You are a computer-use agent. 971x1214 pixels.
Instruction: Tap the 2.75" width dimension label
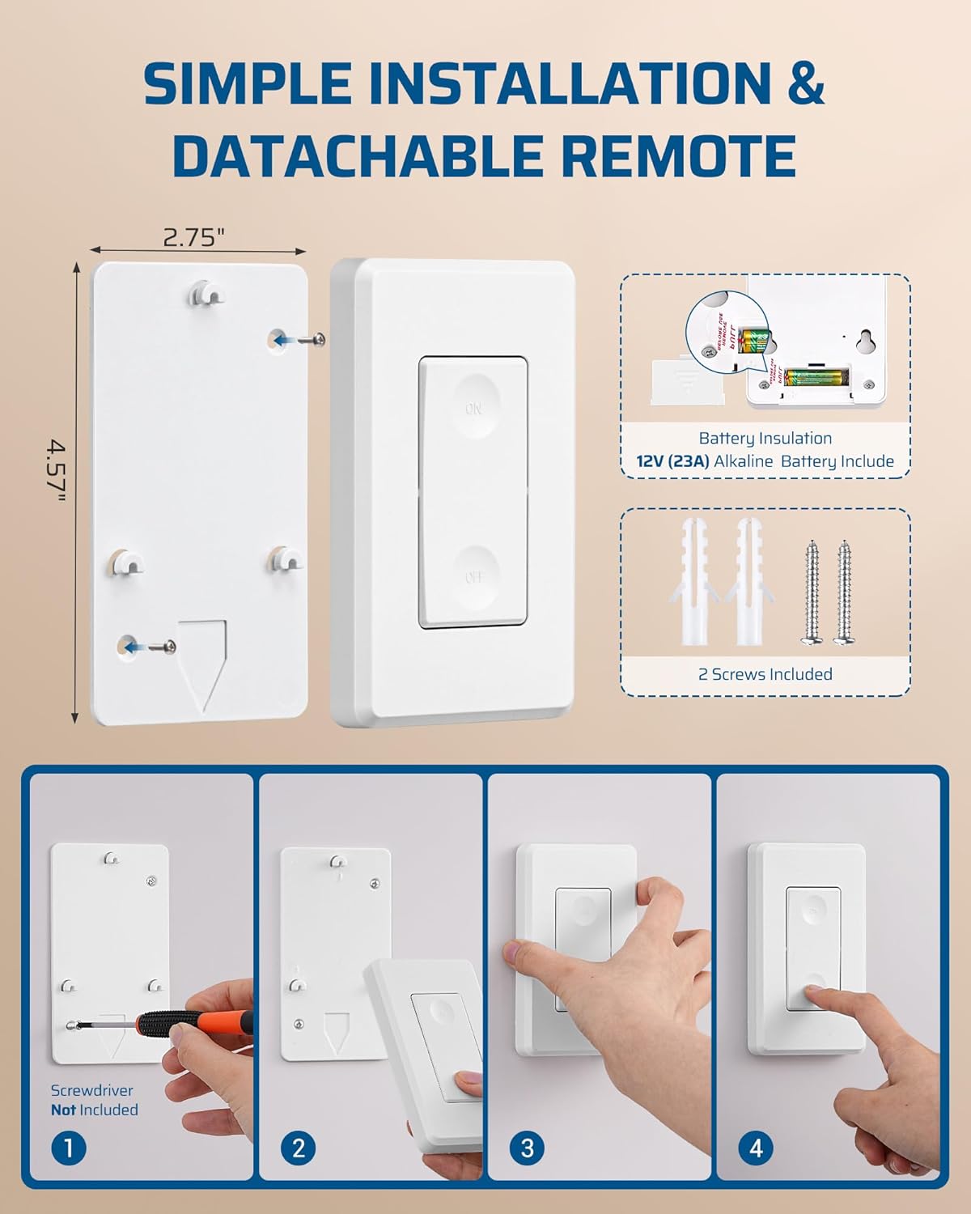pos(193,237)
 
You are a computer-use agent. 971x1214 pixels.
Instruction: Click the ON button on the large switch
pos(473,406)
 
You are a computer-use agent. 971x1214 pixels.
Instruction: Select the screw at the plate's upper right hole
pos(311,340)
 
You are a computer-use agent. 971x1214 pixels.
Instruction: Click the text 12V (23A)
pos(672,461)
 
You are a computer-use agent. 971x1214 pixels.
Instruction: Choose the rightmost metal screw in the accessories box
pos(844,591)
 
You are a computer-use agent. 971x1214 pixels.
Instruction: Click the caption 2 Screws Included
pos(765,674)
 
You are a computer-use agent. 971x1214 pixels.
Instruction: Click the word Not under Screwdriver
pos(63,1110)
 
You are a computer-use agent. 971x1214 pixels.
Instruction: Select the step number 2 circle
pos(299,1148)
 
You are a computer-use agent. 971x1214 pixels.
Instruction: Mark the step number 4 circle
pos(756,1148)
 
